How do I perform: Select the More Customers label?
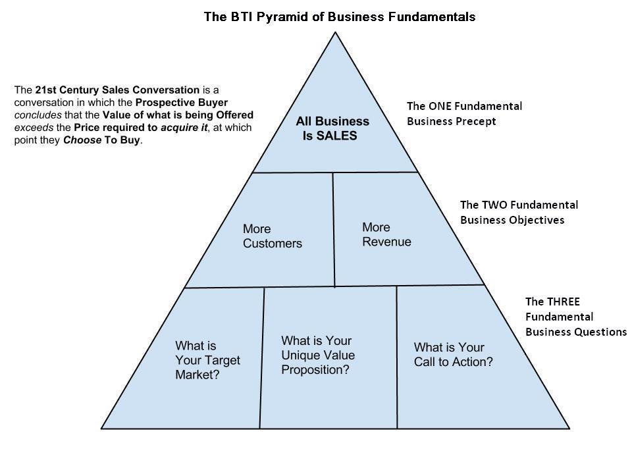click(x=272, y=236)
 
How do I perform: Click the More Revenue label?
click(x=386, y=235)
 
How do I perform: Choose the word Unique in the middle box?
click(x=300, y=355)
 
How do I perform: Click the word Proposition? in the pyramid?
click(x=315, y=370)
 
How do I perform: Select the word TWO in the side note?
click(x=497, y=205)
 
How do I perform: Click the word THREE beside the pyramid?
click(x=562, y=302)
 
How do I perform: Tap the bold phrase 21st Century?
click(x=65, y=90)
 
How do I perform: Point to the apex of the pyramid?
click(x=336, y=33)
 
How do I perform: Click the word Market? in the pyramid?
click(x=197, y=375)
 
